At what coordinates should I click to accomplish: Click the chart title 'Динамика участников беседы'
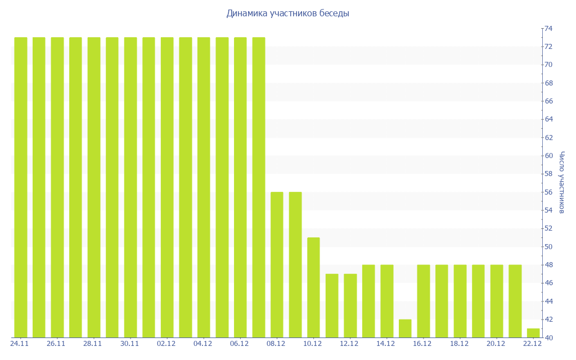click(x=287, y=13)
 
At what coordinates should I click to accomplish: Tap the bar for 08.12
click(x=277, y=264)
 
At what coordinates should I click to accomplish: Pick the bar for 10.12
click(x=313, y=287)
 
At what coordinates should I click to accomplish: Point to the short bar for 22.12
click(x=533, y=333)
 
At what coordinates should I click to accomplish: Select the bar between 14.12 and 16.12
click(x=405, y=328)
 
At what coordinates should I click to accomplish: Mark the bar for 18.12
click(x=460, y=301)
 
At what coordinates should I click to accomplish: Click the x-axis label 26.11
click(x=56, y=344)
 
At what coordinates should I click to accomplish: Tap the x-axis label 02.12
click(x=166, y=344)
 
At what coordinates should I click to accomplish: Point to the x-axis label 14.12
click(x=386, y=344)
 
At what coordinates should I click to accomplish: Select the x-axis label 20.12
click(x=496, y=344)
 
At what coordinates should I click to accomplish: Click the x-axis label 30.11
click(x=130, y=344)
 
